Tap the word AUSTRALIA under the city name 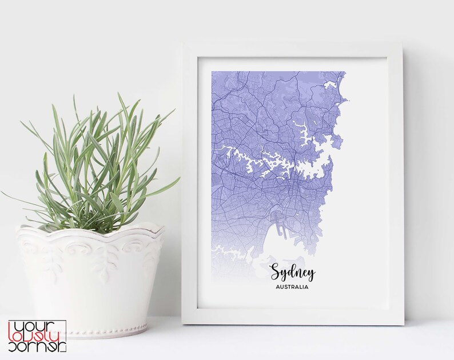292,287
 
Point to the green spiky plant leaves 97,166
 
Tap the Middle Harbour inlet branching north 303,129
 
